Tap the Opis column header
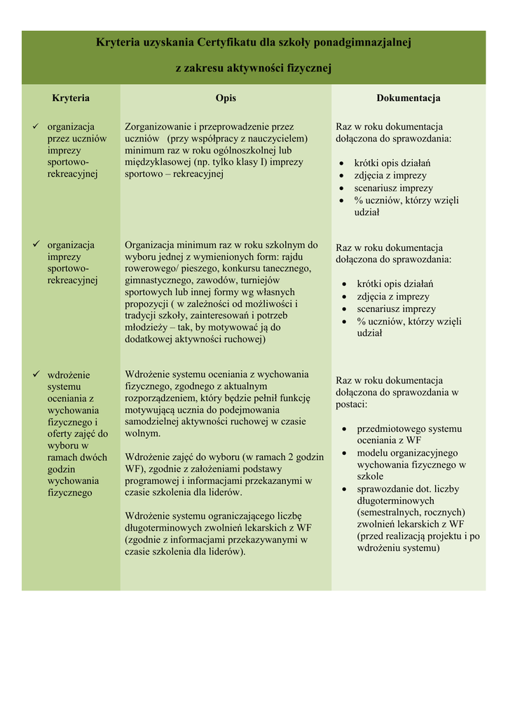coord(226,98)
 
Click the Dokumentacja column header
coord(409,98)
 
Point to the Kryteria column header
coord(71,98)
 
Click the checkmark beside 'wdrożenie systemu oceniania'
coord(36,375)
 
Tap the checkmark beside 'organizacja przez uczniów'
coord(36,127)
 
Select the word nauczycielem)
coord(274,139)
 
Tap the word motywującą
coord(152,410)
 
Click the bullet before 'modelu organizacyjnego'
coord(345,453)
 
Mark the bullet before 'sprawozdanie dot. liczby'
coord(345,489)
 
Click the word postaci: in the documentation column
coord(351,405)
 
